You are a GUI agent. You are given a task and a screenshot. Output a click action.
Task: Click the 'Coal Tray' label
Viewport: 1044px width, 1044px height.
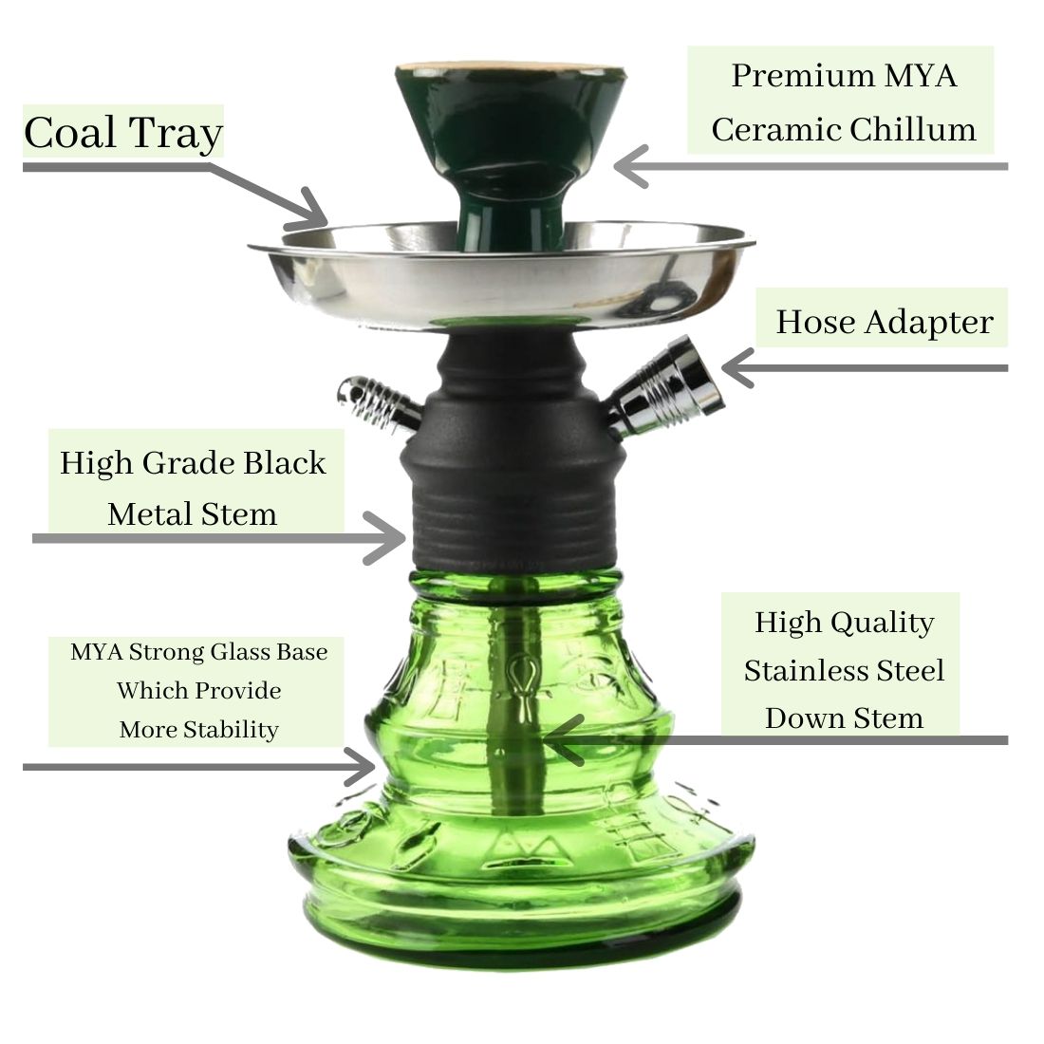point(123,133)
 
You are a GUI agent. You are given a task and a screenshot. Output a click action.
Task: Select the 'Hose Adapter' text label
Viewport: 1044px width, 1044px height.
point(885,323)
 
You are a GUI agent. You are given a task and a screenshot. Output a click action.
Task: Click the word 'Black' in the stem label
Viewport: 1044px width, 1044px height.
point(285,463)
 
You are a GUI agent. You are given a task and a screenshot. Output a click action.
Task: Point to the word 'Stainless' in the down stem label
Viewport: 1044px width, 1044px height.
point(807,670)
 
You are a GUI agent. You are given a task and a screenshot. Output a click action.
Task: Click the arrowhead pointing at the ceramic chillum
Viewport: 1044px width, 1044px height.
point(629,166)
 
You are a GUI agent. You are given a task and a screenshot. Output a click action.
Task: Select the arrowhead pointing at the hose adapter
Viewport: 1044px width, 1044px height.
point(736,367)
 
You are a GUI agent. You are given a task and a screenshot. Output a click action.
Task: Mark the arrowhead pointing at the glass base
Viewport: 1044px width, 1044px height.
point(363,767)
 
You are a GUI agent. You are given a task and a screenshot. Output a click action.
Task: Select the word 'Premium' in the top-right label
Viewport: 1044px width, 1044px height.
point(802,75)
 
